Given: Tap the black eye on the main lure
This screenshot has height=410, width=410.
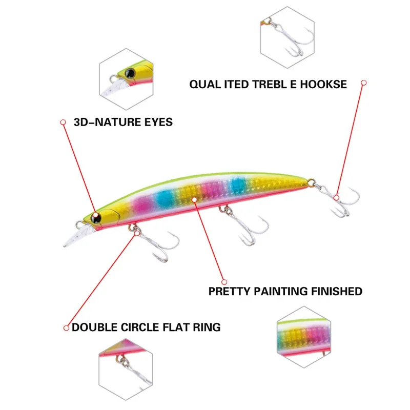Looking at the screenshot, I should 95,218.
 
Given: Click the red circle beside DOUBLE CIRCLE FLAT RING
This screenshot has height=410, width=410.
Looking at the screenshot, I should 66,327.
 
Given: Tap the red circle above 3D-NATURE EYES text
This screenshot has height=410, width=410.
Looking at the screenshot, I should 63,122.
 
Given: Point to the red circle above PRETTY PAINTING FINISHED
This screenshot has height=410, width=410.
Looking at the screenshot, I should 224,281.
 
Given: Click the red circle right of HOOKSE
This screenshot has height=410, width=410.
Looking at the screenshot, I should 363,83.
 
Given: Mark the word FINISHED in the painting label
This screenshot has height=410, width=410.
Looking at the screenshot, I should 336,292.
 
